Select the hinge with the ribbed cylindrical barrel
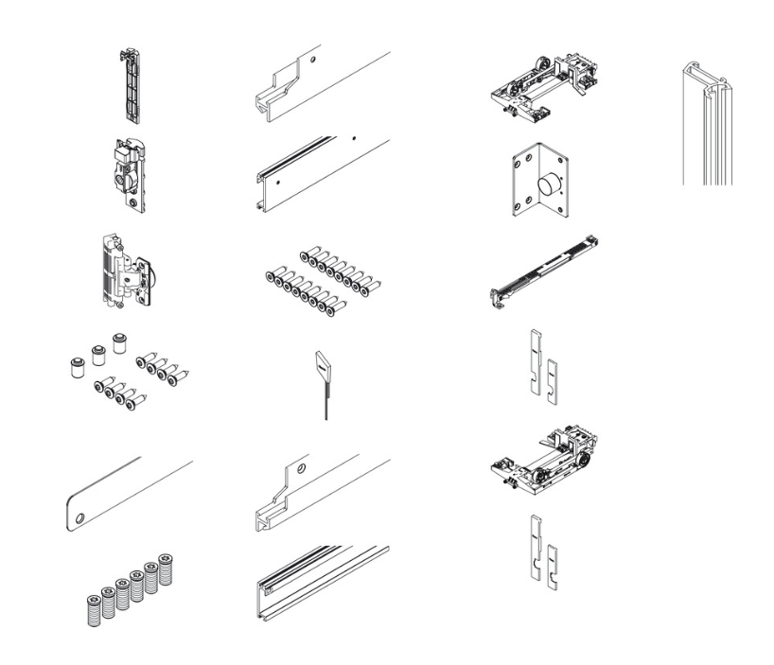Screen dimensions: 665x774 [x=122, y=269]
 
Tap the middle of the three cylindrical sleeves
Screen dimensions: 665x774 [x=96, y=356]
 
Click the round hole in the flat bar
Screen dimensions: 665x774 [x=81, y=517]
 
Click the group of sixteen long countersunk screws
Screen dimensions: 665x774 [x=320, y=279]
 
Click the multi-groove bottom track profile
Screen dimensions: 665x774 [x=322, y=582]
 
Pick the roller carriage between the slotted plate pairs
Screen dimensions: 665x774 [x=543, y=461]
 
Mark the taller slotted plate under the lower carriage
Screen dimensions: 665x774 [x=536, y=547]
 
